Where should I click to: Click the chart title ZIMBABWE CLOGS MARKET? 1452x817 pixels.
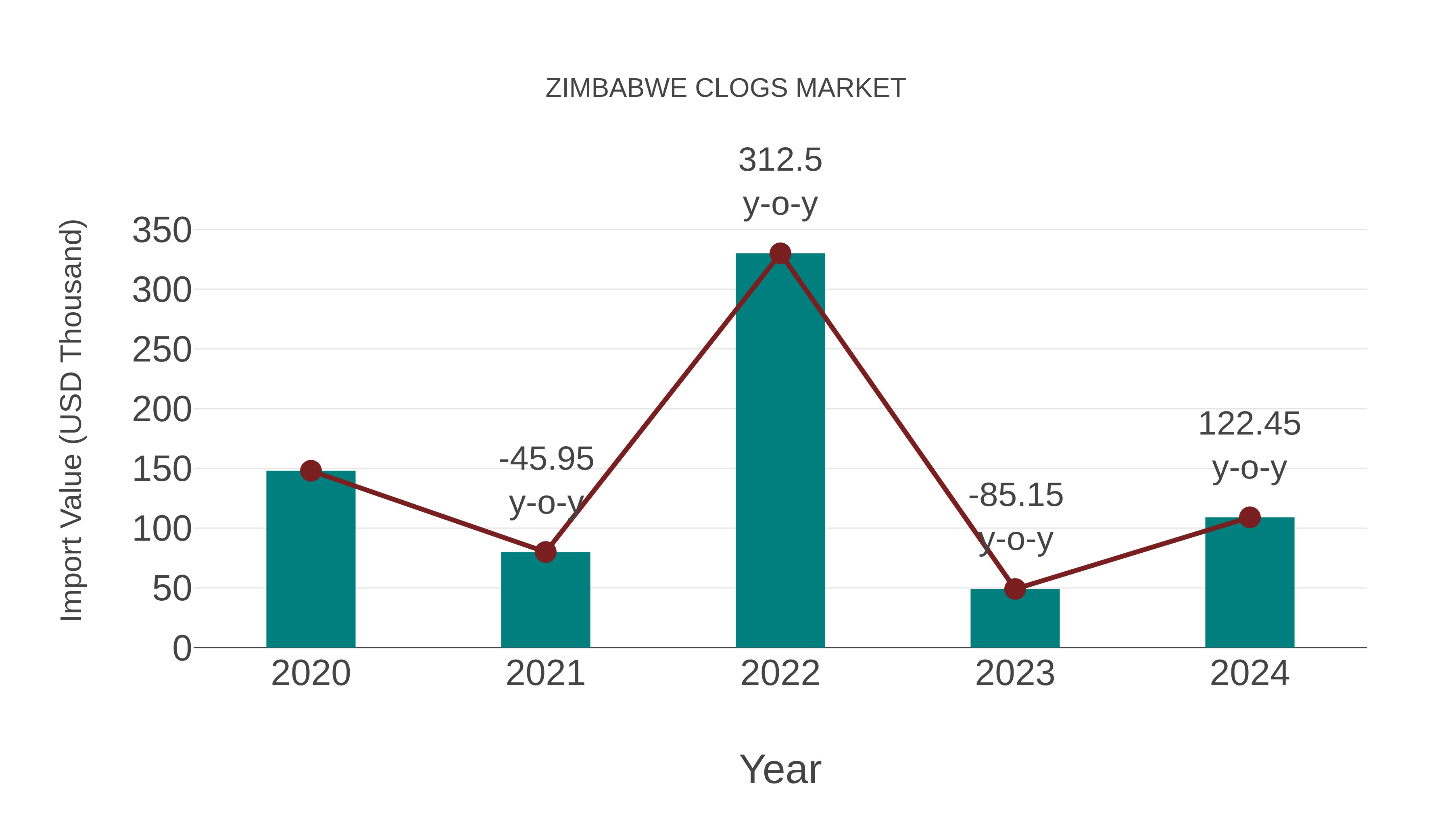(726, 88)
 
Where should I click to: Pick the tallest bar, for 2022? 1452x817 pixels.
(780, 451)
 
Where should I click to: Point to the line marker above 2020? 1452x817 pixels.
(311, 471)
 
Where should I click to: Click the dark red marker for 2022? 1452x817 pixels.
(780, 254)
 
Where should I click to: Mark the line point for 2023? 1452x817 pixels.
(1015, 589)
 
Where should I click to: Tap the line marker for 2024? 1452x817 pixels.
(1250, 517)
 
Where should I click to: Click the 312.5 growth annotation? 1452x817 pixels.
(780, 160)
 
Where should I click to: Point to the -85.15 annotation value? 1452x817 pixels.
(1016, 495)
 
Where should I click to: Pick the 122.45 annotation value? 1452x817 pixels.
(1249, 424)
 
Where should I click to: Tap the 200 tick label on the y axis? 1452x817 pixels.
(162, 410)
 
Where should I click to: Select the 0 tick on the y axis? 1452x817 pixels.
(181, 648)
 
